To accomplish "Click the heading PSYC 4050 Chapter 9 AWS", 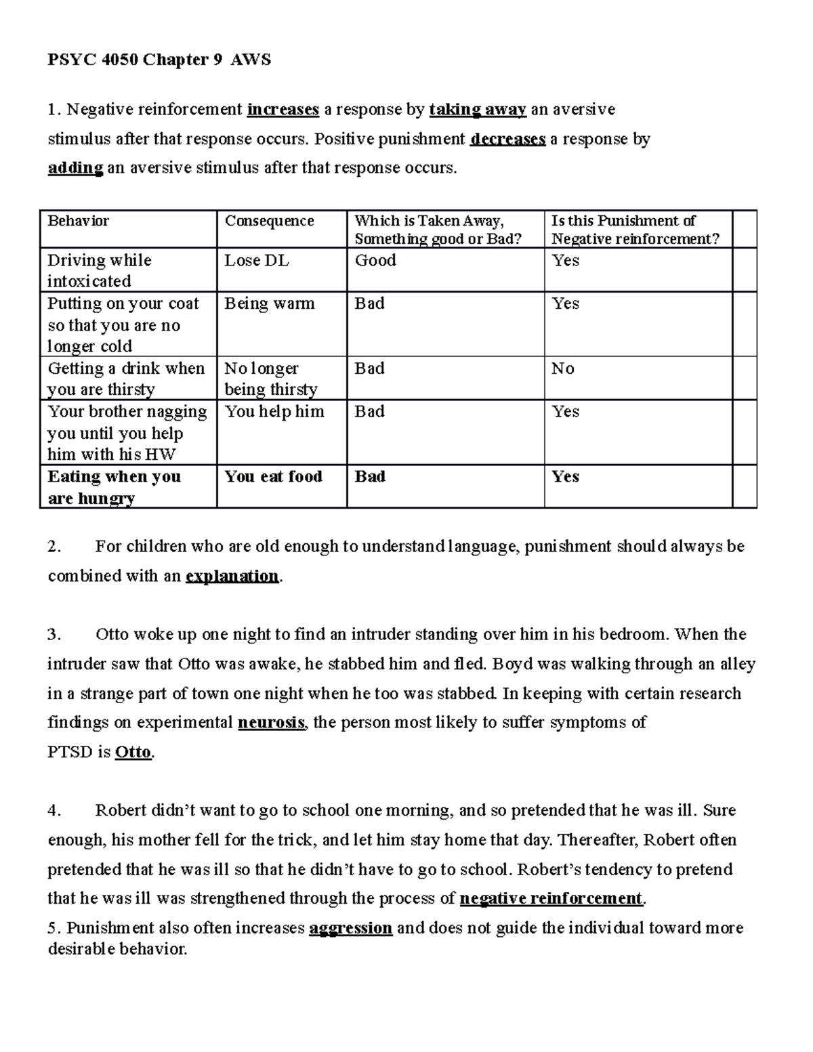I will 159,60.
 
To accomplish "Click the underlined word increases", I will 283,110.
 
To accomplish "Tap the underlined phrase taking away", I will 478,110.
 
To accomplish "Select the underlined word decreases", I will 507,140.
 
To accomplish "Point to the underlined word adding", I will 75,168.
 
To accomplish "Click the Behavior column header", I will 78,222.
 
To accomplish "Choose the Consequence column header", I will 269,222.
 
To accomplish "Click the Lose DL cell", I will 256,261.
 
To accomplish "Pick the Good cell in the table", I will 375,261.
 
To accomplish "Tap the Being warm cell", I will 269,303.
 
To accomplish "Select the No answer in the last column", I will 562,369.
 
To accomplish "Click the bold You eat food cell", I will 273,477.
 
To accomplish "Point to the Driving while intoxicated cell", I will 99,270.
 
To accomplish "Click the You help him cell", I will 274,412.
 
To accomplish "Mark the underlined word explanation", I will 232,576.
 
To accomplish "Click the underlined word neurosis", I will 272,723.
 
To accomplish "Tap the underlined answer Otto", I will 133,753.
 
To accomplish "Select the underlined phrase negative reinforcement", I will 550,899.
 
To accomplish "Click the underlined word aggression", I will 350,928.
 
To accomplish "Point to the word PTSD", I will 69,753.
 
